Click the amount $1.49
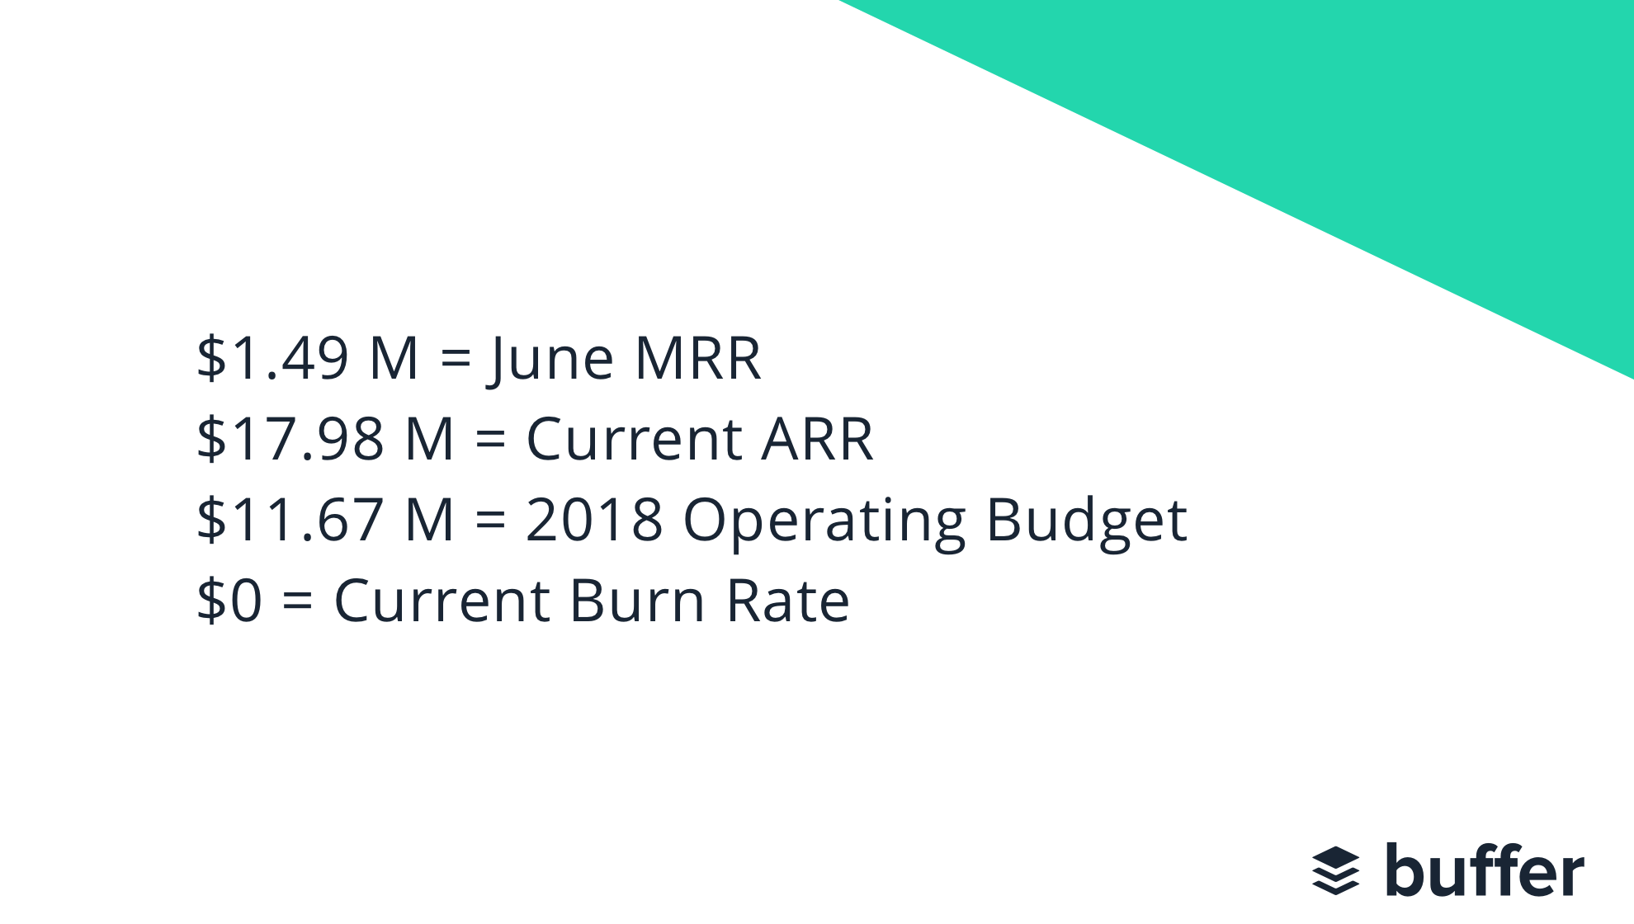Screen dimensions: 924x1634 click(272, 358)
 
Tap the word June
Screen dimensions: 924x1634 click(552, 360)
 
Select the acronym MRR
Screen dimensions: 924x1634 click(697, 358)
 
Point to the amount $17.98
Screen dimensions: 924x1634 click(290, 438)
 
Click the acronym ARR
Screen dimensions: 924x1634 click(816, 438)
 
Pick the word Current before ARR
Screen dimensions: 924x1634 click(634, 438)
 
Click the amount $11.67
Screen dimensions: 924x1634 click(290, 519)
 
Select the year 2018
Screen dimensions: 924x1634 click(594, 519)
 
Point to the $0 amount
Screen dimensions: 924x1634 click(229, 600)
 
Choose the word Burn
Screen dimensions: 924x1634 click(636, 600)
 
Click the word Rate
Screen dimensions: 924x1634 click(787, 600)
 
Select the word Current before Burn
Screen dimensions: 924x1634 click(442, 600)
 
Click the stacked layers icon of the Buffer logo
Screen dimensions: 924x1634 click(1335, 870)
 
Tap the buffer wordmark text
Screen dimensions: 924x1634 click(1484, 870)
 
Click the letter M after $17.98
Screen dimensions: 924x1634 click(430, 438)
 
